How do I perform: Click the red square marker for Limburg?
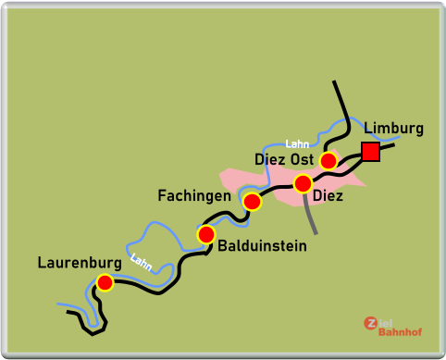pos(371,152)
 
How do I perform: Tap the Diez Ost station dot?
pos(328,161)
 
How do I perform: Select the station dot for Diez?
pos(303,183)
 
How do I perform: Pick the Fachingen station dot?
pos(252,201)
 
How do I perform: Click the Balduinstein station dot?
pos(206,234)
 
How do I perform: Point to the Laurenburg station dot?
pos(105,282)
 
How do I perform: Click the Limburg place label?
pos(393,129)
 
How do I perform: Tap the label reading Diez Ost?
pos(283,160)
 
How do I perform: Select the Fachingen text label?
pos(193,196)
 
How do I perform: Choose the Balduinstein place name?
pos(262,246)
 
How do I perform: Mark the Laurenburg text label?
pos(80,263)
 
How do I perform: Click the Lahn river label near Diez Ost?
pos(297,143)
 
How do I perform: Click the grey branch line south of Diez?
pos(310,215)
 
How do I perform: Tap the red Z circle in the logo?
pos(371,323)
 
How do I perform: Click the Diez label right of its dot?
pos(328,196)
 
